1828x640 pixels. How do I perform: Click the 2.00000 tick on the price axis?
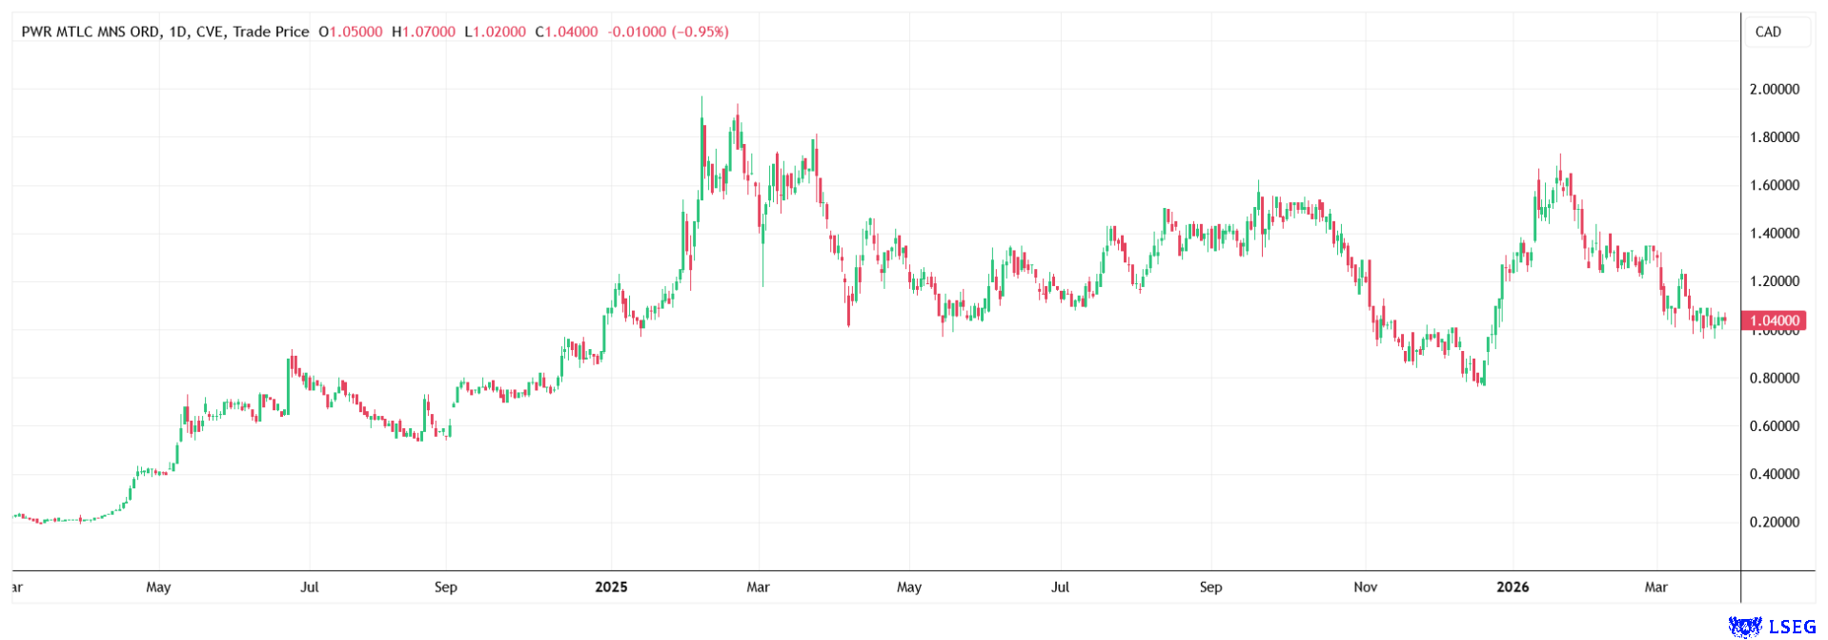click(1774, 90)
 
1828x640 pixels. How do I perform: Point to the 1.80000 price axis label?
click(1774, 137)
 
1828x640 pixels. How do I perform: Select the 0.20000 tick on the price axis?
click(1774, 523)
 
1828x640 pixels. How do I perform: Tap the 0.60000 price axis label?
click(1774, 426)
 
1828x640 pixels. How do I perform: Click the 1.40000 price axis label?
click(1774, 234)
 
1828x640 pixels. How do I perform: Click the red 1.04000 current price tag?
click(1773, 320)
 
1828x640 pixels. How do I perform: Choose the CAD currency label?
click(1768, 31)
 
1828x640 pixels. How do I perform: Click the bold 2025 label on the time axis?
click(611, 588)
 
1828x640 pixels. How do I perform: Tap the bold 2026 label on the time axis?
click(1513, 588)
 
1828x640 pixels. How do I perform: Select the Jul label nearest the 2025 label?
click(310, 588)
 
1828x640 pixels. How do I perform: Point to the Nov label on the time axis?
click(1365, 588)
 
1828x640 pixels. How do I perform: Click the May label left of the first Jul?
click(158, 588)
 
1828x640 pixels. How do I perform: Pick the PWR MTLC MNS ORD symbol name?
click(91, 31)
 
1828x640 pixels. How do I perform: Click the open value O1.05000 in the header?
click(351, 31)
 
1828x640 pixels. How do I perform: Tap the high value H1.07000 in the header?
click(424, 31)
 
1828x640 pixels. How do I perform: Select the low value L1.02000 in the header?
click(496, 31)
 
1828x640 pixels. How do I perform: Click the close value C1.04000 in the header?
click(567, 31)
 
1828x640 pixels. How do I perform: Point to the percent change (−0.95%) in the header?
click(701, 31)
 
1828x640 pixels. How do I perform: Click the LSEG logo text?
click(1792, 627)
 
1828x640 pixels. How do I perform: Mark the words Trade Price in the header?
click(272, 31)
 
